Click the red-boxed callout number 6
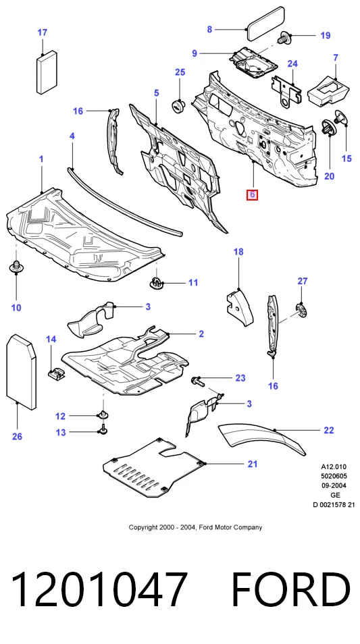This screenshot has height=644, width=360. coord(252,194)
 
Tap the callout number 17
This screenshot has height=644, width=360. coord(43,32)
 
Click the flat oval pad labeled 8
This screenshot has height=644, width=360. coord(265,24)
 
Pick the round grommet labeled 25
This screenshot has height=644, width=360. coord(179,105)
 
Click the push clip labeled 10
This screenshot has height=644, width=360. coord(16,267)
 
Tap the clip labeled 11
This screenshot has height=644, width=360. coord(155,283)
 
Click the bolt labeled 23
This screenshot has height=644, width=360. coord(198,381)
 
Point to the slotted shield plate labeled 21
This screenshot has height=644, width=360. coord(154,467)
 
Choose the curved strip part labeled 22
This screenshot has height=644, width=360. coord(262,440)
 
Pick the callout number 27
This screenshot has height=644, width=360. coord(303,281)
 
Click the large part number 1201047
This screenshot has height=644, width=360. coord(99,590)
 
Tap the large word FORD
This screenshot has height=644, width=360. coord(291,590)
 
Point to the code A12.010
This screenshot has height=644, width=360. coord(334,467)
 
